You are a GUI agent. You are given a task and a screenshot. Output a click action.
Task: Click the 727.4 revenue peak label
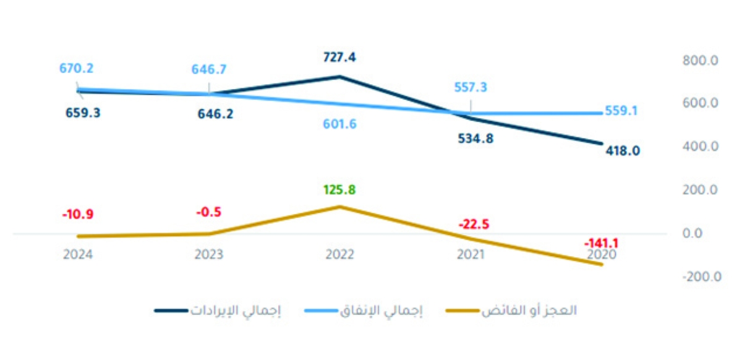(339, 58)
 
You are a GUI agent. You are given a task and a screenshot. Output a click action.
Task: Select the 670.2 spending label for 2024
(77, 69)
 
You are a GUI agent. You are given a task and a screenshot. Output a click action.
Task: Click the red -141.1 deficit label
(600, 243)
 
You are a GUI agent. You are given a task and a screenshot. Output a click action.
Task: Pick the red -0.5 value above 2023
(209, 212)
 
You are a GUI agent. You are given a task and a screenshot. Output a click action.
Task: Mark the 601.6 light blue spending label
(339, 124)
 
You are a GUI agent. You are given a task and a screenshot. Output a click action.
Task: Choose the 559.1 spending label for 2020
(622, 111)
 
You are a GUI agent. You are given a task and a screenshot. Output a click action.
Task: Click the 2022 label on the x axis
(339, 254)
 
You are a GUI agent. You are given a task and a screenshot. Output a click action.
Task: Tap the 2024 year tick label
(77, 254)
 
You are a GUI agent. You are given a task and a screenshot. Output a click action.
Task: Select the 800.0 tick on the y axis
(699, 61)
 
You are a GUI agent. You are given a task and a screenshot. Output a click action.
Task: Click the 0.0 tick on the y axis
(705, 234)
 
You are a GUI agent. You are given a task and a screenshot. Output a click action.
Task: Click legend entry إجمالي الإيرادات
(235, 311)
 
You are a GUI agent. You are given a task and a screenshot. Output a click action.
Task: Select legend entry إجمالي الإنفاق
(381, 311)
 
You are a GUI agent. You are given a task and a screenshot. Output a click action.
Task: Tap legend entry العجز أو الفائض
(529, 311)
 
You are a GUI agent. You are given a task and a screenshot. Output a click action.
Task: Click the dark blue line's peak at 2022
(339, 77)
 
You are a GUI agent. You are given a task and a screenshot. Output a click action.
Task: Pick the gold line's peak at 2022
(339, 207)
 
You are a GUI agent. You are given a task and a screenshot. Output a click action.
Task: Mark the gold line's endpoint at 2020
(602, 265)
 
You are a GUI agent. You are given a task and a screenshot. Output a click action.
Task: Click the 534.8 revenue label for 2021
(472, 139)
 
